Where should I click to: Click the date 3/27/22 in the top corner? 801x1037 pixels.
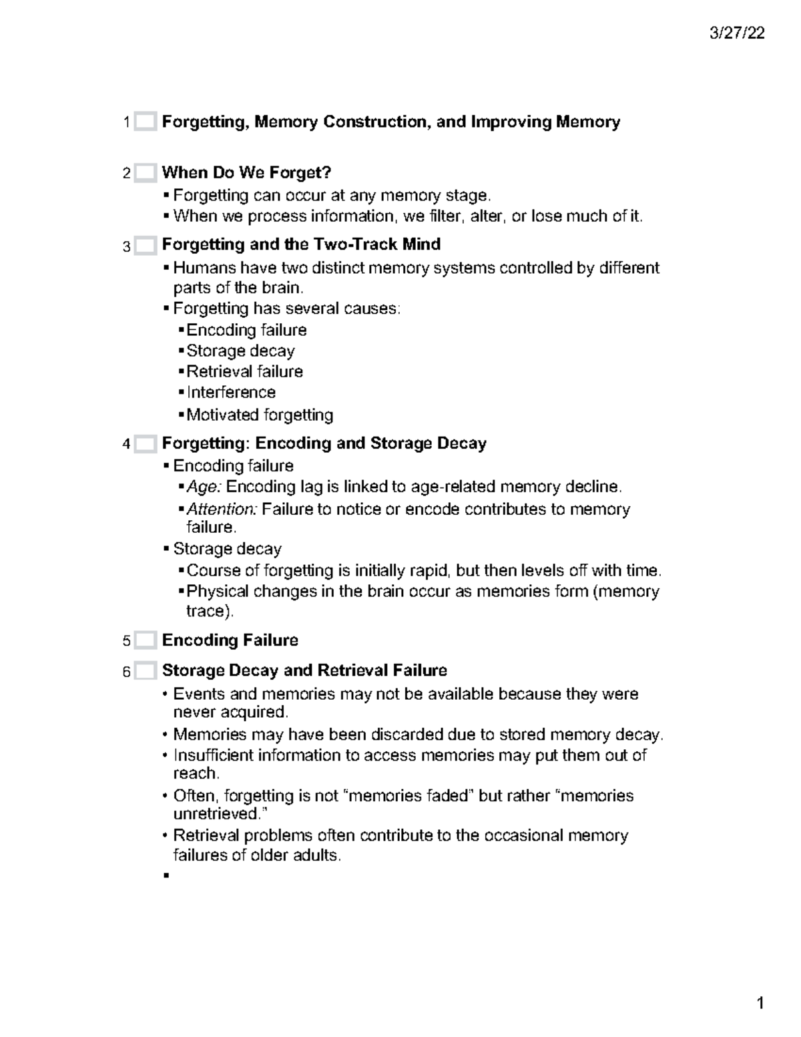(x=737, y=33)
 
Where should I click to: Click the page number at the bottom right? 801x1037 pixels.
(x=760, y=1004)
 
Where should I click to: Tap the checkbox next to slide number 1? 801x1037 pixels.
(x=145, y=122)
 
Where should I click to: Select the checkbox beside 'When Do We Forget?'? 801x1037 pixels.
(x=145, y=174)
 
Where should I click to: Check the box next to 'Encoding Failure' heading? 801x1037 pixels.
(x=145, y=641)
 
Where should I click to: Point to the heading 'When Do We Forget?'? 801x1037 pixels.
(x=246, y=173)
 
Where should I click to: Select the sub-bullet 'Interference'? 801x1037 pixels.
(x=231, y=393)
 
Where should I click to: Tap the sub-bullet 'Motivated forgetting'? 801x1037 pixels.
(x=260, y=415)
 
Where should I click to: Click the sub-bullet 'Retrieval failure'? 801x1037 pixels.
(x=244, y=372)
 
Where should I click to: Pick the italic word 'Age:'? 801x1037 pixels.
(x=204, y=487)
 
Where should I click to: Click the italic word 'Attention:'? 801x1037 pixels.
(x=222, y=509)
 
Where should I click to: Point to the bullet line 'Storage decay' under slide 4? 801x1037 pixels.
(x=227, y=549)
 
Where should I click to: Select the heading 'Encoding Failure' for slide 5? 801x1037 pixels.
(x=230, y=640)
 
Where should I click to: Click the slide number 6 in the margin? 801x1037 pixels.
(x=126, y=672)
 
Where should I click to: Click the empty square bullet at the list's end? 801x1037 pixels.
(x=166, y=875)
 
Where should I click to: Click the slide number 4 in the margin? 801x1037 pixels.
(x=126, y=445)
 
